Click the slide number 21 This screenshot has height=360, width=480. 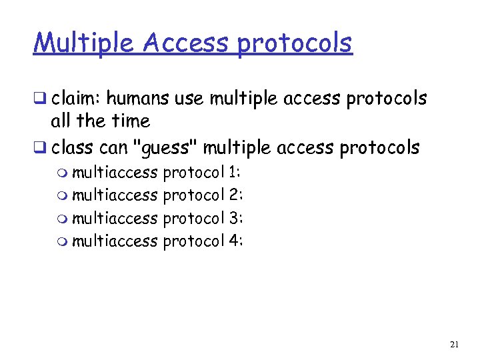point(455,345)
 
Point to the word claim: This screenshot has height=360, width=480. point(75,99)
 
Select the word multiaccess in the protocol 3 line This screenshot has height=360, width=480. point(114,218)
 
